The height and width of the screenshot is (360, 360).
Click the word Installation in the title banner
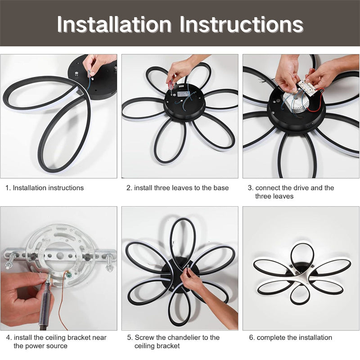coord(114,24)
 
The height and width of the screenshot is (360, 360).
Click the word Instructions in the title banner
coord(242,24)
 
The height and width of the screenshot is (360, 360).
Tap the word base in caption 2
coord(221,188)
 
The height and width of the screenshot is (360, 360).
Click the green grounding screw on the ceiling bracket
coord(69,274)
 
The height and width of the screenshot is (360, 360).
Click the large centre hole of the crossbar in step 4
coord(60,255)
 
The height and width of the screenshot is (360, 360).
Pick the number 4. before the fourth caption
coord(9,337)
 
